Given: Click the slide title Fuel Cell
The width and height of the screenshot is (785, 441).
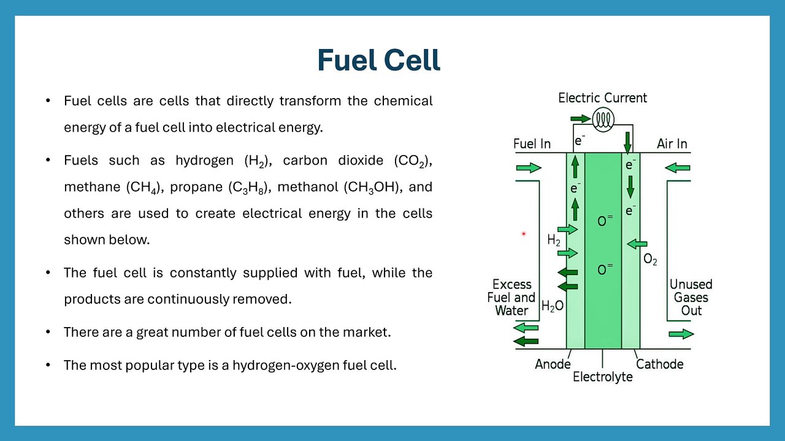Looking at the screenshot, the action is click(x=378, y=60).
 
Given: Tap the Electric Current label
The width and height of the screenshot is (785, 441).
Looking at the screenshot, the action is click(x=602, y=98).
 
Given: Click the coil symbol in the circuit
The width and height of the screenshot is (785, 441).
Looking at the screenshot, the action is click(x=603, y=119).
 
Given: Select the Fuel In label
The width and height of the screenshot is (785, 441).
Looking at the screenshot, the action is click(x=532, y=144).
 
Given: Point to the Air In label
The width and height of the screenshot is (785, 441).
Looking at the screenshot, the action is click(x=672, y=144).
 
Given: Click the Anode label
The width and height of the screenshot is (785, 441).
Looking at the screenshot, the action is click(x=553, y=364).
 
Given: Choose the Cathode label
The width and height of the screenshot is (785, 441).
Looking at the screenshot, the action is click(x=659, y=364).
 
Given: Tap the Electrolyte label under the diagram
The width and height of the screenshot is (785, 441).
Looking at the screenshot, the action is click(x=603, y=377).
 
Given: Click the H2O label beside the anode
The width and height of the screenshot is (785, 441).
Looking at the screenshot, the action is click(x=553, y=306).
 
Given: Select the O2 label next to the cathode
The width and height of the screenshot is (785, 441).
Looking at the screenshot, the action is click(x=650, y=259).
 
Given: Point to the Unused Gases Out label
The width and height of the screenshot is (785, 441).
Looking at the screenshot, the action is click(x=691, y=298).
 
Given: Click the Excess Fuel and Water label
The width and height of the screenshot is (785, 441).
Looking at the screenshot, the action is click(x=511, y=298).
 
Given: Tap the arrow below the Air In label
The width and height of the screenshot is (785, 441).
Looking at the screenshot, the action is click(x=678, y=168).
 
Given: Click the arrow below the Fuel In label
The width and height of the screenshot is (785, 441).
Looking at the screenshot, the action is click(x=529, y=168).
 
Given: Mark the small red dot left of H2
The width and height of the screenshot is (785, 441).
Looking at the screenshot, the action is click(x=524, y=234).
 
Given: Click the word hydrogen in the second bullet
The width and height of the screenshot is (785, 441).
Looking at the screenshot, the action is click(x=204, y=160).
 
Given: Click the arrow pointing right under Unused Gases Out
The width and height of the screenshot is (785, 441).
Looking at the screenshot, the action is click(x=681, y=334).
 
